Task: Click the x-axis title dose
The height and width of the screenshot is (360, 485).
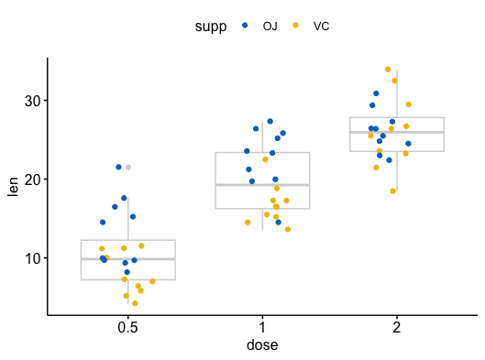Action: [262, 345]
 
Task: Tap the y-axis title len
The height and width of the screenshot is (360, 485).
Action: [13, 186]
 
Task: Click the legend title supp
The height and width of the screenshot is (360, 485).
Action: [211, 26]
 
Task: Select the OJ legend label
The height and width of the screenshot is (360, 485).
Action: [270, 26]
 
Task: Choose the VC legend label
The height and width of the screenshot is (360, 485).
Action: [321, 26]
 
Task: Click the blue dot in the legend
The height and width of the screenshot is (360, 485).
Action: [245, 26]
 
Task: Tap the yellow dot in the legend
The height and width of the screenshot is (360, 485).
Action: [295, 26]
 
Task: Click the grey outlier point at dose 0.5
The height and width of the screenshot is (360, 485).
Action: [128, 167]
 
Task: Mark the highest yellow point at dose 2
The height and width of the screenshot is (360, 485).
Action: [388, 70]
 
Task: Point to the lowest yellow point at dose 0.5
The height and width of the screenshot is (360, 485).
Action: [135, 303]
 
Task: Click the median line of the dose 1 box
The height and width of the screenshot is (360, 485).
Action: [262, 185]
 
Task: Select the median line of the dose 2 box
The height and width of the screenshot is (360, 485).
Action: [397, 133]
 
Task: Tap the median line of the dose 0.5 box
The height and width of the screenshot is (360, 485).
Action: [127, 259]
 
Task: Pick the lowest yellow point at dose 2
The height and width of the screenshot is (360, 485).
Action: [393, 191]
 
